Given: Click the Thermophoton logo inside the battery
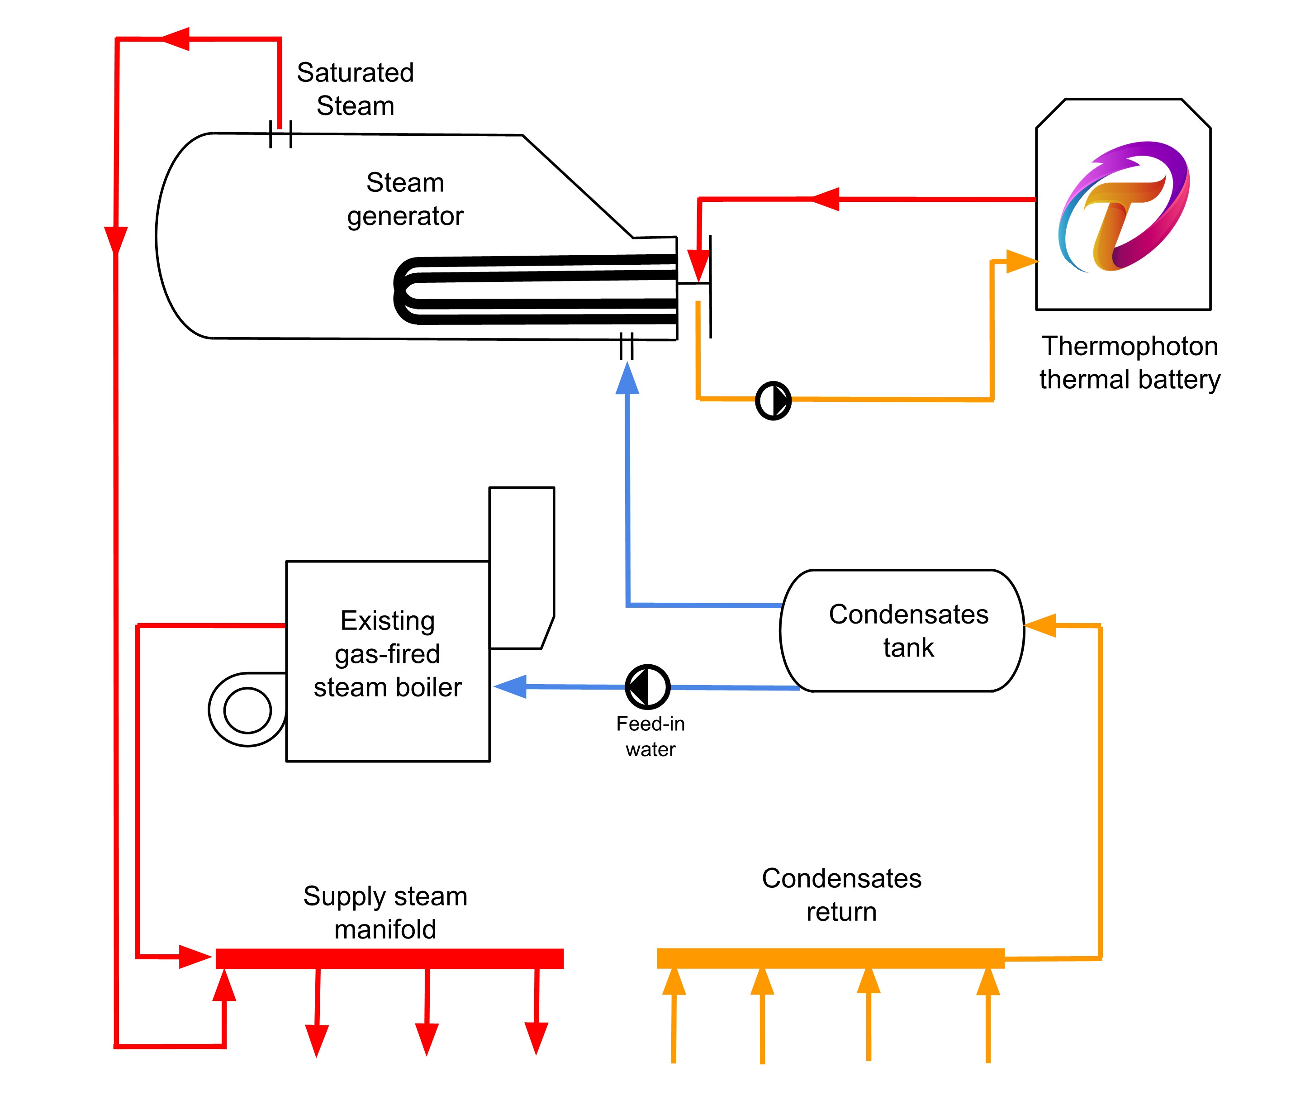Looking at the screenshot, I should tap(1123, 206).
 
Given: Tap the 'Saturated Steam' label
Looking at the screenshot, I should tap(355, 89).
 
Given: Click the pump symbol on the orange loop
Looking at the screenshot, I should tap(773, 400).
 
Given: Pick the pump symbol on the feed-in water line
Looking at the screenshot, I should tap(647, 687).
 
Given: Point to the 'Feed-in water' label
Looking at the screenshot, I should tap(650, 736).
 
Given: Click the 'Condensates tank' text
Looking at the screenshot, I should tap(908, 631).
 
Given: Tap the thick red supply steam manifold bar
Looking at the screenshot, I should tap(389, 958).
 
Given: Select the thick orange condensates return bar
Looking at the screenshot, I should tap(830, 958).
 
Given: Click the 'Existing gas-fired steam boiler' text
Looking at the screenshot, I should tap(388, 654).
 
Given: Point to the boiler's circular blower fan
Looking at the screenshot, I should tap(247, 710).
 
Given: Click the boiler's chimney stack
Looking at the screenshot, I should tap(522, 567).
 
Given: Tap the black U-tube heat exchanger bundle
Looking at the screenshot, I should tap(536, 289).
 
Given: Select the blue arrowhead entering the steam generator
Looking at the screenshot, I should tap(627, 378).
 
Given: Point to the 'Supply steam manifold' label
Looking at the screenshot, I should tap(385, 912).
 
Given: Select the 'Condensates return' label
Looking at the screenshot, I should tap(841, 895).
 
